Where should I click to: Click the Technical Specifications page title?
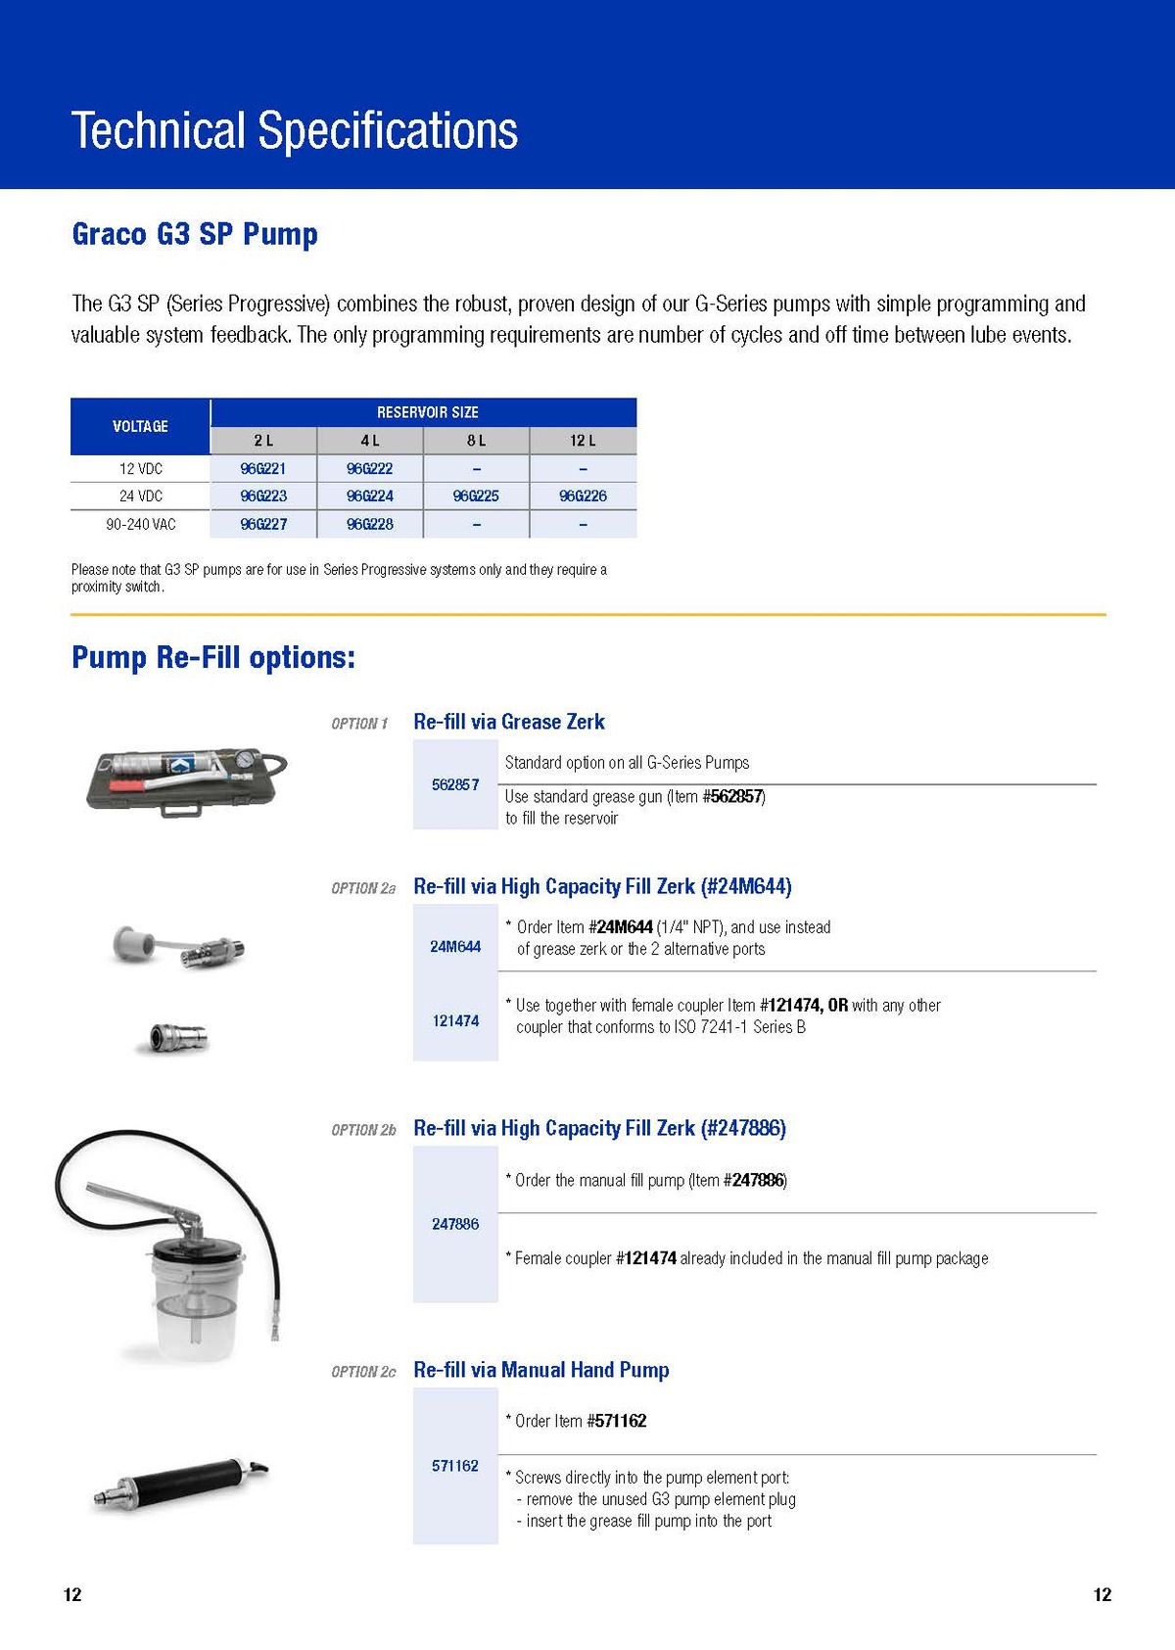tap(294, 130)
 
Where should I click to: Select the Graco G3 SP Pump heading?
tap(195, 234)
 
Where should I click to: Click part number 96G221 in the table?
tap(263, 469)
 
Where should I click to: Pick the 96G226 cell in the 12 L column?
tap(583, 496)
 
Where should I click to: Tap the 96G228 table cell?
tap(370, 525)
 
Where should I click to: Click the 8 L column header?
tap(476, 441)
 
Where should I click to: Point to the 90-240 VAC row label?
tap(141, 525)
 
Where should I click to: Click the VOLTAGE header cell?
tap(140, 426)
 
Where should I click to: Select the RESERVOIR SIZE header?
tap(427, 412)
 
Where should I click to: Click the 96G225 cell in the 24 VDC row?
tap(476, 496)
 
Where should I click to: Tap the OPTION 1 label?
tap(359, 724)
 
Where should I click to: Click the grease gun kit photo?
tap(186, 779)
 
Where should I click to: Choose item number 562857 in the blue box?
tap(455, 784)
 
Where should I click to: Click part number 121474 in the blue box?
tap(455, 1020)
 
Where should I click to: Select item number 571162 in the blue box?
tap(455, 1466)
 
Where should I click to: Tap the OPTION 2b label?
tap(363, 1130)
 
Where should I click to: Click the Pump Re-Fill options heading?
tap(213, 657)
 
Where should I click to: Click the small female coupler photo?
tap(174, 1037)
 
